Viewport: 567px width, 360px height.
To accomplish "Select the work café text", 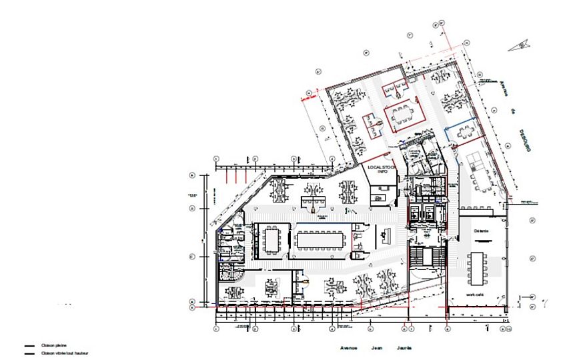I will point(475,294).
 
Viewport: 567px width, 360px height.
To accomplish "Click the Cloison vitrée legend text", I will point(64,353).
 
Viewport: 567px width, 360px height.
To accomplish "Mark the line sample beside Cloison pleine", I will point(29,346).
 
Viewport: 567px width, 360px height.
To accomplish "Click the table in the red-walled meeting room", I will point(401,113).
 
